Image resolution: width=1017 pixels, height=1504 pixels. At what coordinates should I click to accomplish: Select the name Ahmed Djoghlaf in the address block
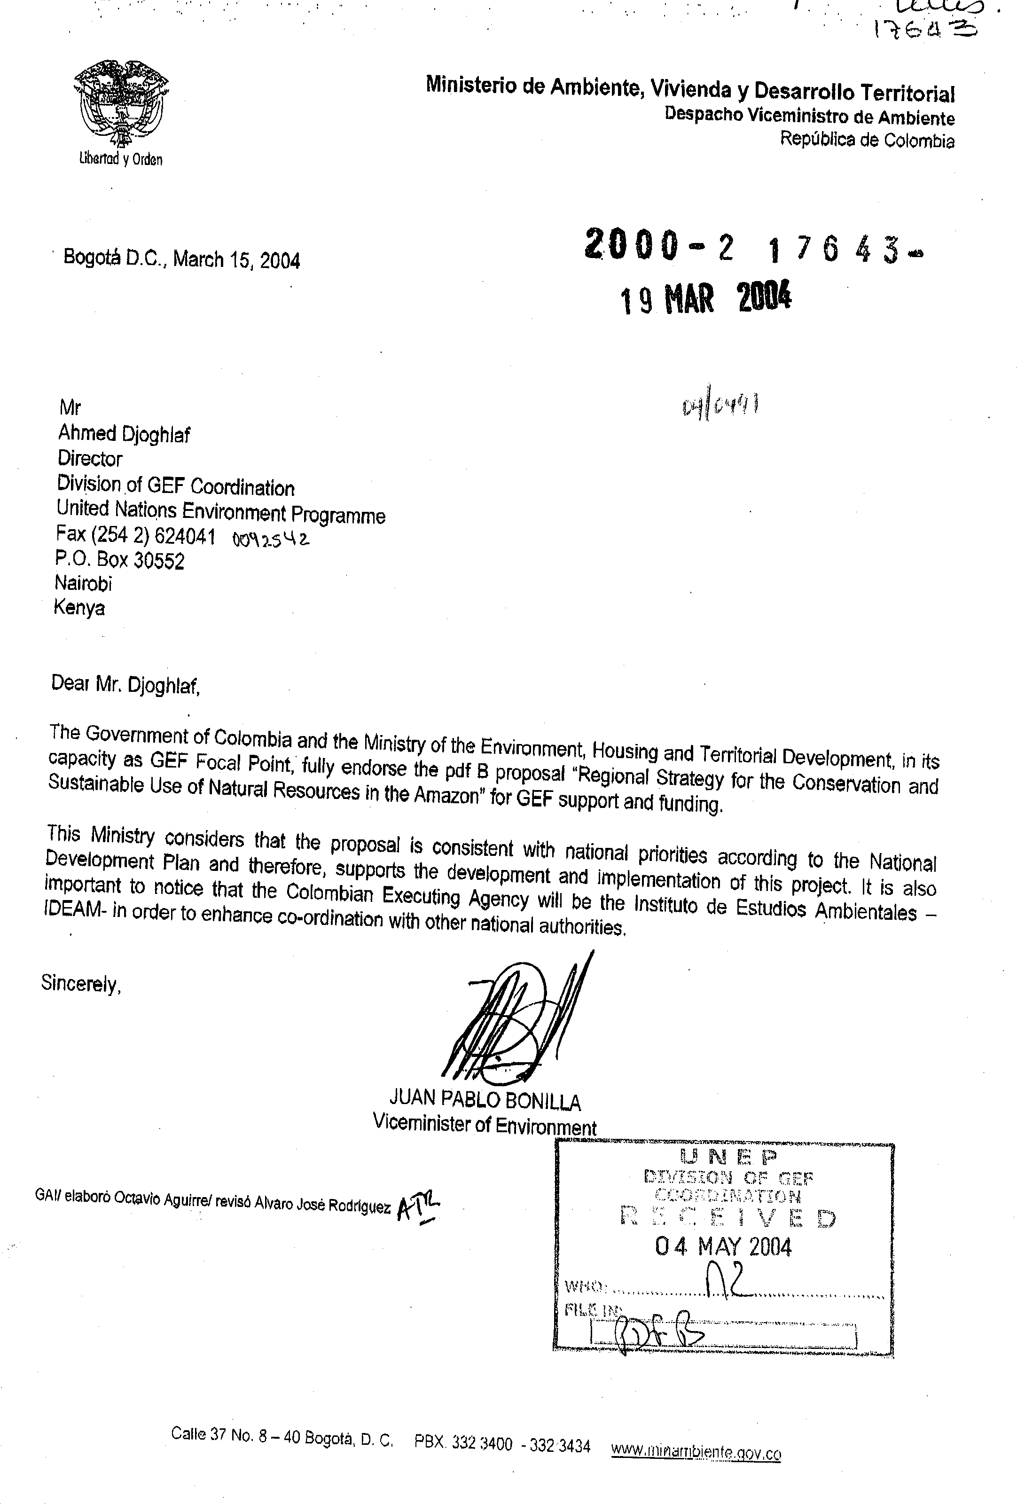coord(124,434)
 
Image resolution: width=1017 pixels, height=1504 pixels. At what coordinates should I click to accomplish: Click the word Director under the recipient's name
coord(90,459)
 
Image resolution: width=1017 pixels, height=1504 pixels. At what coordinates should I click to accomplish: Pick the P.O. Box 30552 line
coord(120,560)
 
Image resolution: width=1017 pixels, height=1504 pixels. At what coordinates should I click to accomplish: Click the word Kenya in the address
coord(79,608)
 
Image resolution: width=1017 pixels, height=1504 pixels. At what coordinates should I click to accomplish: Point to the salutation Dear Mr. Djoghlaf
coord(125,684)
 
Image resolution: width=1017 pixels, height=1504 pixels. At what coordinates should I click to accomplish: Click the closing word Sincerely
coord(81,983)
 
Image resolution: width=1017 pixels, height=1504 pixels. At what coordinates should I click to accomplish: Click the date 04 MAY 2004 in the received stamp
coord(723,1246)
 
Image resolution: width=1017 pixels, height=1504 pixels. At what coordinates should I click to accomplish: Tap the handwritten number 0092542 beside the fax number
coord(270,539)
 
